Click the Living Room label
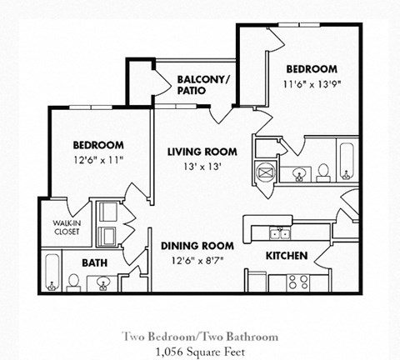(202, 152)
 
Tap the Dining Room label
(197, 246)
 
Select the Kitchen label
(287, 256)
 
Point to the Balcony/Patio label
(204, 85)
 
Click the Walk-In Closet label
(67, 227)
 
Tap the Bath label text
(95, 262)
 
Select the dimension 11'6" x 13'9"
(312, 84)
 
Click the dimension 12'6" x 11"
(98, 160)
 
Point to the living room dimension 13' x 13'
(202, 167)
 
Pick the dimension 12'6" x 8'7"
(197, 261)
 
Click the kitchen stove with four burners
(298, 282)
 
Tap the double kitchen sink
(280, 232)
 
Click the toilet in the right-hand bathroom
(323, 172)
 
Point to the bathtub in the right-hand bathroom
(347, 162)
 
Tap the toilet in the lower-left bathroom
(73, 282)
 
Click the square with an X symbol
(265, 172)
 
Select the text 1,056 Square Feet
(201, 352)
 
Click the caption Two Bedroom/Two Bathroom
(200, 337)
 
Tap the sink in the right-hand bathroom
(299, 174)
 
